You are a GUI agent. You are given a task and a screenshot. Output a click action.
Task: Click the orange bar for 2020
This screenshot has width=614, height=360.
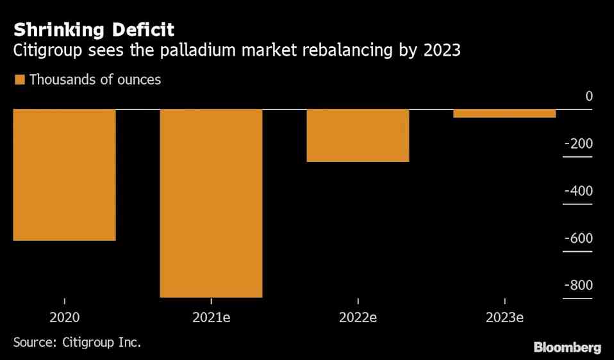click(x=64, y=175)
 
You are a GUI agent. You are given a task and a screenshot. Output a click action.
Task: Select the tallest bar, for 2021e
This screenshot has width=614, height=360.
click(x=211, y=203)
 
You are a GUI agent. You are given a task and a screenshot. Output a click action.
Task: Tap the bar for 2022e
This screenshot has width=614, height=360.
click(x=358, y=136)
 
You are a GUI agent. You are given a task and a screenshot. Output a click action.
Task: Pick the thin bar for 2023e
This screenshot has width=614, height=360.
click(x=504, y=113)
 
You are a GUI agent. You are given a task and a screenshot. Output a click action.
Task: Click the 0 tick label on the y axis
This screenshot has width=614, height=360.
click(x=588, y=96)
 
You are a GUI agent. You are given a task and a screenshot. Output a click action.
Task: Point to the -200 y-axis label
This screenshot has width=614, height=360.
click(x=578, y=143)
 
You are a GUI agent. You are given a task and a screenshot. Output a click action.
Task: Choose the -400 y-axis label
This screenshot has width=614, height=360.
click(x=578, y=191)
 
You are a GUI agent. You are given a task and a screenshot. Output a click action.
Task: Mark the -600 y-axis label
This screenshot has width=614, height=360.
click(x=578, y=238)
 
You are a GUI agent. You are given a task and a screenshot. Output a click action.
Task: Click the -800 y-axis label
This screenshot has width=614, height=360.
click(x=578, y=286)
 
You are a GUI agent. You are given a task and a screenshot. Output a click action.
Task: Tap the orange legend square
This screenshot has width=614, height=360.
click(x=19, y=80)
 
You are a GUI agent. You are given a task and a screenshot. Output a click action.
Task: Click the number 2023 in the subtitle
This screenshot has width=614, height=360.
click(x=442, y=51)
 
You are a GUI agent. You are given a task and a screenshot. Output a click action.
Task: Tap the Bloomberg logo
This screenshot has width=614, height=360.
click(x=567, y=347)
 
